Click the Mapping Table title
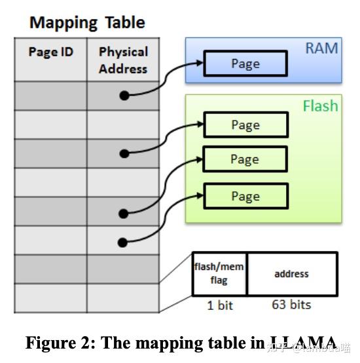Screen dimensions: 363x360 coord(87,23)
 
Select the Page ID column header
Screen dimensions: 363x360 coord(50,52)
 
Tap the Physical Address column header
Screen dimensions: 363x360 coord(123,60)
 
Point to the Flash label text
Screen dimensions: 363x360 coord(320,105)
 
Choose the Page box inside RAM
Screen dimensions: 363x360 coord(245,64)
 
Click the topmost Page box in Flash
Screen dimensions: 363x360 coord(245,125)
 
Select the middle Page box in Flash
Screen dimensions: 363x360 coord(245,159)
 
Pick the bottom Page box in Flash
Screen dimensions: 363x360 coord(245,197)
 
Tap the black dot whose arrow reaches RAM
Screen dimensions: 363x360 coord(124,96)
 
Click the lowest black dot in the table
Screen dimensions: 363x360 coord(123,243)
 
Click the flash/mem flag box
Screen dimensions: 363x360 coord(219,274)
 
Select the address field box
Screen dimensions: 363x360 coord(291,274)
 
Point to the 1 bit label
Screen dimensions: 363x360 coord(220,305)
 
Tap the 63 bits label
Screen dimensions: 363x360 coord(291,305)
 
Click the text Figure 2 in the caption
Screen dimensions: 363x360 coord(56,343)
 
